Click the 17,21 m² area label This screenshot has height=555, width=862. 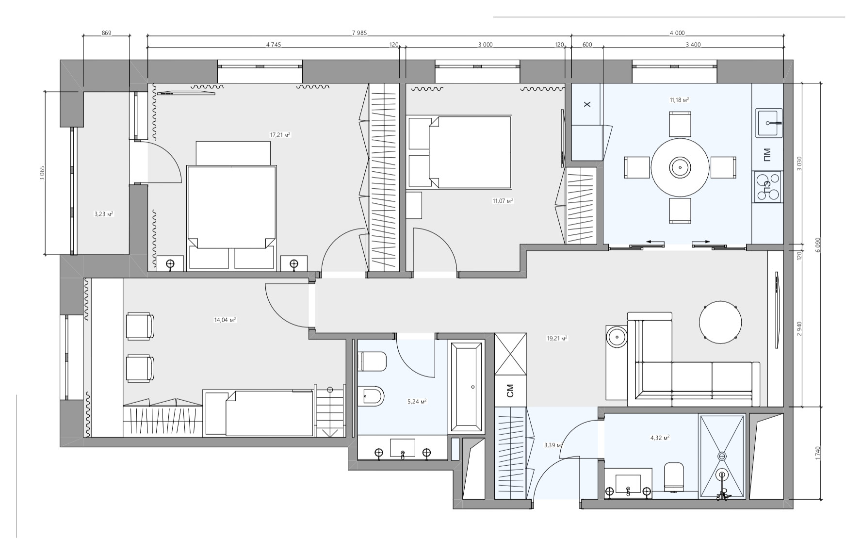280,134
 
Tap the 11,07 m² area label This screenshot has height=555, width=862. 503,200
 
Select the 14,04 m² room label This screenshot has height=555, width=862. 225,320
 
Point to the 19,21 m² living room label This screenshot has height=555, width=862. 557,338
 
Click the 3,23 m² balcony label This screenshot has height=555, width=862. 104,213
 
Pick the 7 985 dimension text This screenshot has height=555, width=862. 359,33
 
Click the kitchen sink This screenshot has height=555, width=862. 769,123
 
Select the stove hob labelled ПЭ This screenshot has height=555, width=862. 767,187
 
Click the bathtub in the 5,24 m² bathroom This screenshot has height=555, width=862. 467,387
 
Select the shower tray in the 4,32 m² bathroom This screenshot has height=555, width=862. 722,456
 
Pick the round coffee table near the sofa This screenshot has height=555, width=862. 720,322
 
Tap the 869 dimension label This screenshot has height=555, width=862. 107,33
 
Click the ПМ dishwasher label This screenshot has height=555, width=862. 766,154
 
